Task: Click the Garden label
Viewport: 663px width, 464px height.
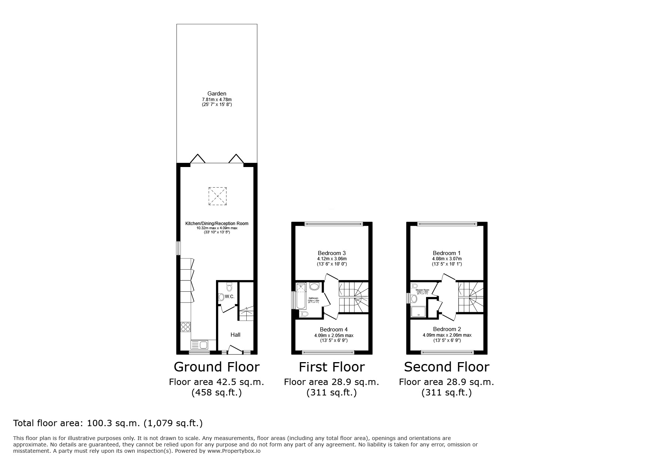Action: (x=217, y=94)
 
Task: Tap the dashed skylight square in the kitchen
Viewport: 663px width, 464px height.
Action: (x=218, y=196)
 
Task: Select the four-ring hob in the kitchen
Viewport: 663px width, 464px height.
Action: (x=186, y=327)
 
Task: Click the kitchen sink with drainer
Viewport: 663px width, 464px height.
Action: (x=200, y=344)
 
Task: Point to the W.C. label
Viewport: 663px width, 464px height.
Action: (x=229, y=297)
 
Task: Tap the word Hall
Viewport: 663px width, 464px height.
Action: (x=235, y=335)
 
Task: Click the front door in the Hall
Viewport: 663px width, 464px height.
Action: (x=235, y=351)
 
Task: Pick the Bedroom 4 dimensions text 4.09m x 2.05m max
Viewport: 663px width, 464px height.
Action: (x=334, y=336)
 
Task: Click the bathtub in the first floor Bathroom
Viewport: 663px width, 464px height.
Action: (x=301, y=296)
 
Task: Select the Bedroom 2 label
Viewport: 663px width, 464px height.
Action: (x=447, y=329)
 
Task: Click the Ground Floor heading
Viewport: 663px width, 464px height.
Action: (x=216, y=367)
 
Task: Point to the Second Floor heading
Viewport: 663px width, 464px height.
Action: (x=446, y=367)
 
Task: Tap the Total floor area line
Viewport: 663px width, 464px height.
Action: (x=108, y=423)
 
